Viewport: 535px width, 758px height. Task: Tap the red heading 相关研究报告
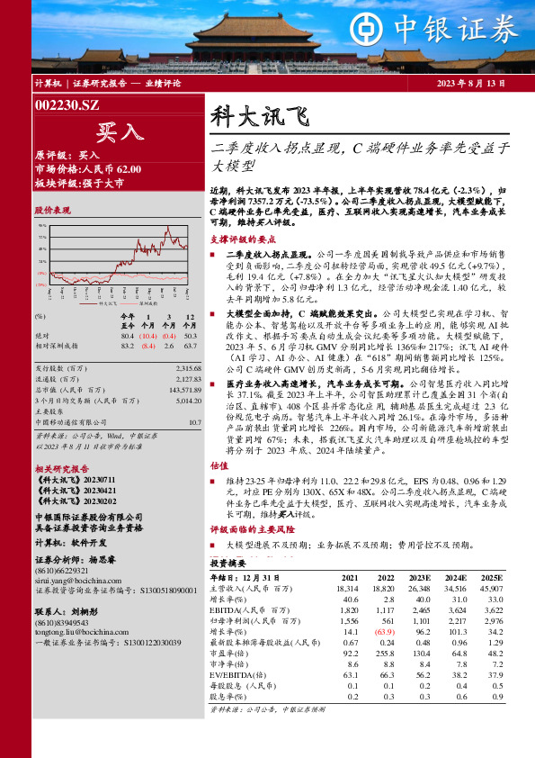tap(62, 469)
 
